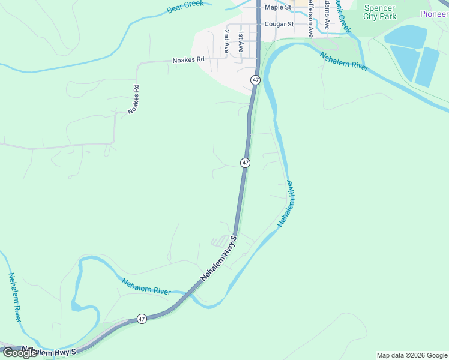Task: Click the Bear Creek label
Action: tap(185, 6)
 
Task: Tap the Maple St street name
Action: tap(277, 7)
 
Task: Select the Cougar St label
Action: tap(279, 25)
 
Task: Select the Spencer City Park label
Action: tap(380, 12)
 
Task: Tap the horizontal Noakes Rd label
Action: tap(188, 60)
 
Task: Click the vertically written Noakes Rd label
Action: tap(133, 100)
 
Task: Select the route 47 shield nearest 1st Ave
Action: tap(256, 80)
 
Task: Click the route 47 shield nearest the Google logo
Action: tap(141, 319)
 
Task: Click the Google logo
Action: tap(20, 353)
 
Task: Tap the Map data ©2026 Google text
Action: tap(412, 355)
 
